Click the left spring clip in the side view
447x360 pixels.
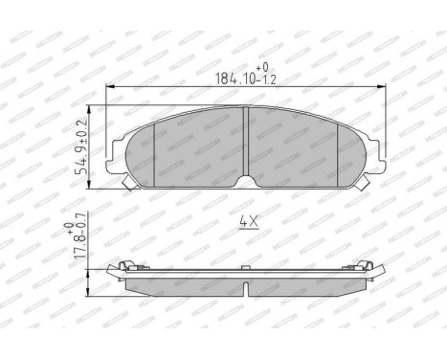[123, 264]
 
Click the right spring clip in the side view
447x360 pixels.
[370, 264]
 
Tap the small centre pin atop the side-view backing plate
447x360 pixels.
[247, 263]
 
